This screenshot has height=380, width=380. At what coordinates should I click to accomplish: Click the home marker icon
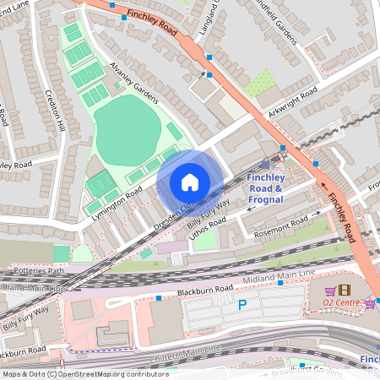pos(190,182)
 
